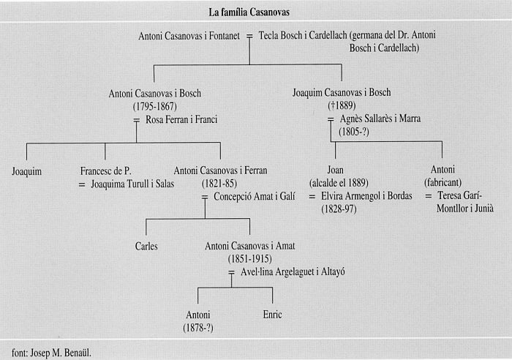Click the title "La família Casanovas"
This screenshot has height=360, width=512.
pyautogui.click(x=249, y=12)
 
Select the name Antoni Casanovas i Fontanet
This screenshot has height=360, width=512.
pyautogui.click(x=189, y=36)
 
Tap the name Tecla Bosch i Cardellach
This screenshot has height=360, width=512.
pyautogui.click(x=303, y=35)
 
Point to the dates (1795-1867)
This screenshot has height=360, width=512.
pyautogui.click(x=155, y=107)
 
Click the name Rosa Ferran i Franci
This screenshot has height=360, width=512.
pyautogui.click(x=181, y=119)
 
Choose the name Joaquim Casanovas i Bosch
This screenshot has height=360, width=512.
pyautogui.click(x=342, y=92)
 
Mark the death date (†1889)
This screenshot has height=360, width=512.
pyautogui.click(x=342, y=105)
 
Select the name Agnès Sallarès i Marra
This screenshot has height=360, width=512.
pyautogui.click(x=380, y=119)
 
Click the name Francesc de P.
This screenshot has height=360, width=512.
pyautogui.click(x=105, y=170)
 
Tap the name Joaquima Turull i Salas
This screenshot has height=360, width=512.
pyautogui.click(x=132, y=184)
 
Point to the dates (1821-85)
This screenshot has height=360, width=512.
pyautogui.click(x=219, y=184)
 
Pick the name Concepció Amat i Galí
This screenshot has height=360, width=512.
pyautogui.click(x=255, y=196)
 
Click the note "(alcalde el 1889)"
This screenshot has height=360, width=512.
pyautogui.click(x=339, y=183)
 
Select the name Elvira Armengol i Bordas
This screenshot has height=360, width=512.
pyautogui.click(x=366, y=195)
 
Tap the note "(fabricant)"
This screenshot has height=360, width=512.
pyautogui.click(x=443, y=182)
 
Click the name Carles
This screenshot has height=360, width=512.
pyautogui.click(x=146, y=246)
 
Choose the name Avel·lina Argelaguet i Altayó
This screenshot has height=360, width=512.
pyautogui.click(x=293, y=271)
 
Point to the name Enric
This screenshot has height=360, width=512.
pyautogui.click(x=272, y=315)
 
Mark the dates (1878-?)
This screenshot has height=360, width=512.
pyautogui.click(x=198, y=328)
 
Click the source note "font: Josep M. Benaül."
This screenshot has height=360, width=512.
pyautogui.click(x=52, y=353)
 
